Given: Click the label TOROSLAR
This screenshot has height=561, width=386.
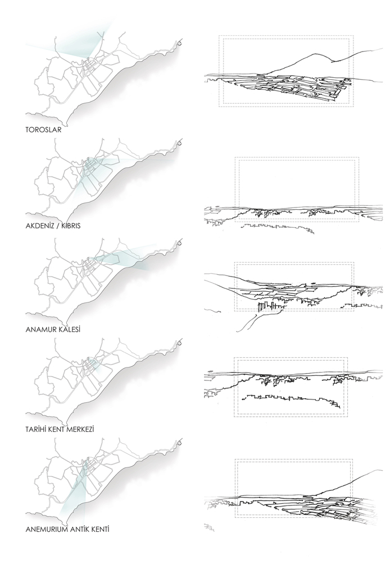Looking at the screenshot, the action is coord(43,130).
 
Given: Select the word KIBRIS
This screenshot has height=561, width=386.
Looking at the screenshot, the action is coord(71,226).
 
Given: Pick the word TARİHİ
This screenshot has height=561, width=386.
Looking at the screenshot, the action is coord(36,429).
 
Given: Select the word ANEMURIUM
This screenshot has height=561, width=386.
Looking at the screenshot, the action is coord(46,529).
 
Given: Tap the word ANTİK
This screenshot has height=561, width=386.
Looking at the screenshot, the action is coord(79,529).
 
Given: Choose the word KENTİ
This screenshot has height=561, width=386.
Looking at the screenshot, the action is coord(99,529).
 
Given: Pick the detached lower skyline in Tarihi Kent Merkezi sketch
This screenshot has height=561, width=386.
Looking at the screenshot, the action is coord(291,399).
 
